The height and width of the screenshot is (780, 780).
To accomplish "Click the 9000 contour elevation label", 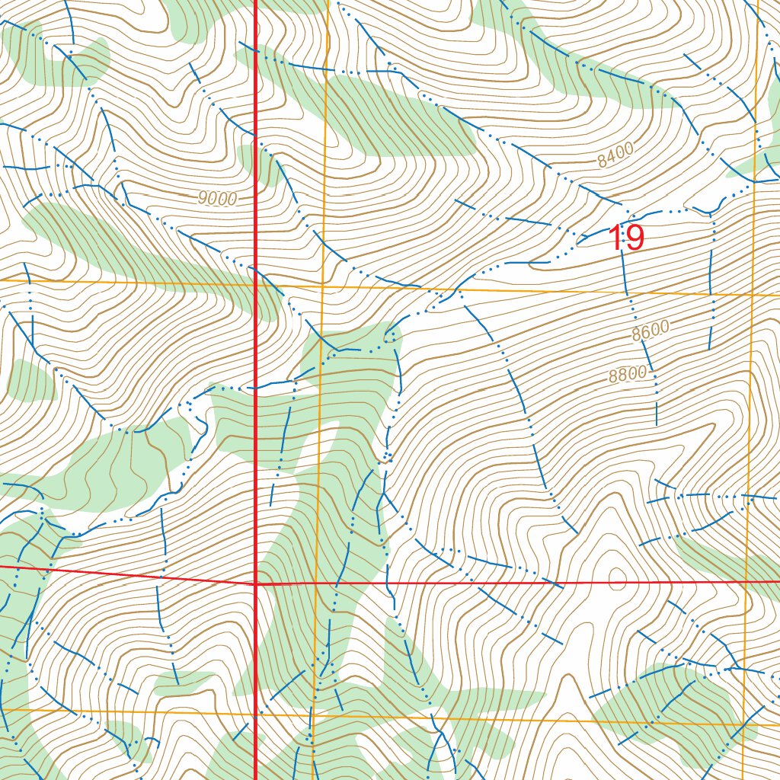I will [217, 199].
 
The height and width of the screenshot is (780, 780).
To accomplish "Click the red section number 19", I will [626, 238].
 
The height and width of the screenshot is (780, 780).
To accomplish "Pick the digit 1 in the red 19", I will [615, 238].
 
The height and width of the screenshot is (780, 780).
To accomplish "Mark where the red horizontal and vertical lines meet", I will [254, 583].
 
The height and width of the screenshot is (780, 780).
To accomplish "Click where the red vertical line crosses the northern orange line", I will [254, 284].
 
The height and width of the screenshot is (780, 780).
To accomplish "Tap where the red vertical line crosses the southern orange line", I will [254, 714].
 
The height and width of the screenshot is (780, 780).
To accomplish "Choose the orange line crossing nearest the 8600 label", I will [753, 294].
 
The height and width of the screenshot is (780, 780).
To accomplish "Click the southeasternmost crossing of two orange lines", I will [744, 724].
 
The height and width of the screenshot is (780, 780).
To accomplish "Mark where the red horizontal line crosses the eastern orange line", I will [747, 582].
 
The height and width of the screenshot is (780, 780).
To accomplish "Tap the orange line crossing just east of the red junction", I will [315, 583].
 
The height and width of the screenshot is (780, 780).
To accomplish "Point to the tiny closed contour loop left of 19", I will [585, 241].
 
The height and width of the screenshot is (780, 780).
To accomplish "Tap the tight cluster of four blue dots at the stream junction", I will [387, 457].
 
